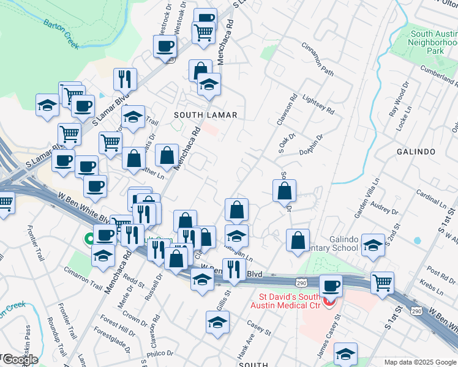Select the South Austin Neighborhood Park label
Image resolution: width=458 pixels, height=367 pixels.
(x=435, y=43)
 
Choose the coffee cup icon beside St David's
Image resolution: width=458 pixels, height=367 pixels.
(x=331, y=286)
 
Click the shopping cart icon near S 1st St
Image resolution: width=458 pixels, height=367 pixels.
(x=383, y=283)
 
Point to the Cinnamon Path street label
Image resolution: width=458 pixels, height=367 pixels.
(x=318, y=59)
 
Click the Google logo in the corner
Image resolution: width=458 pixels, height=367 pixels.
(x=20, y=360)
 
